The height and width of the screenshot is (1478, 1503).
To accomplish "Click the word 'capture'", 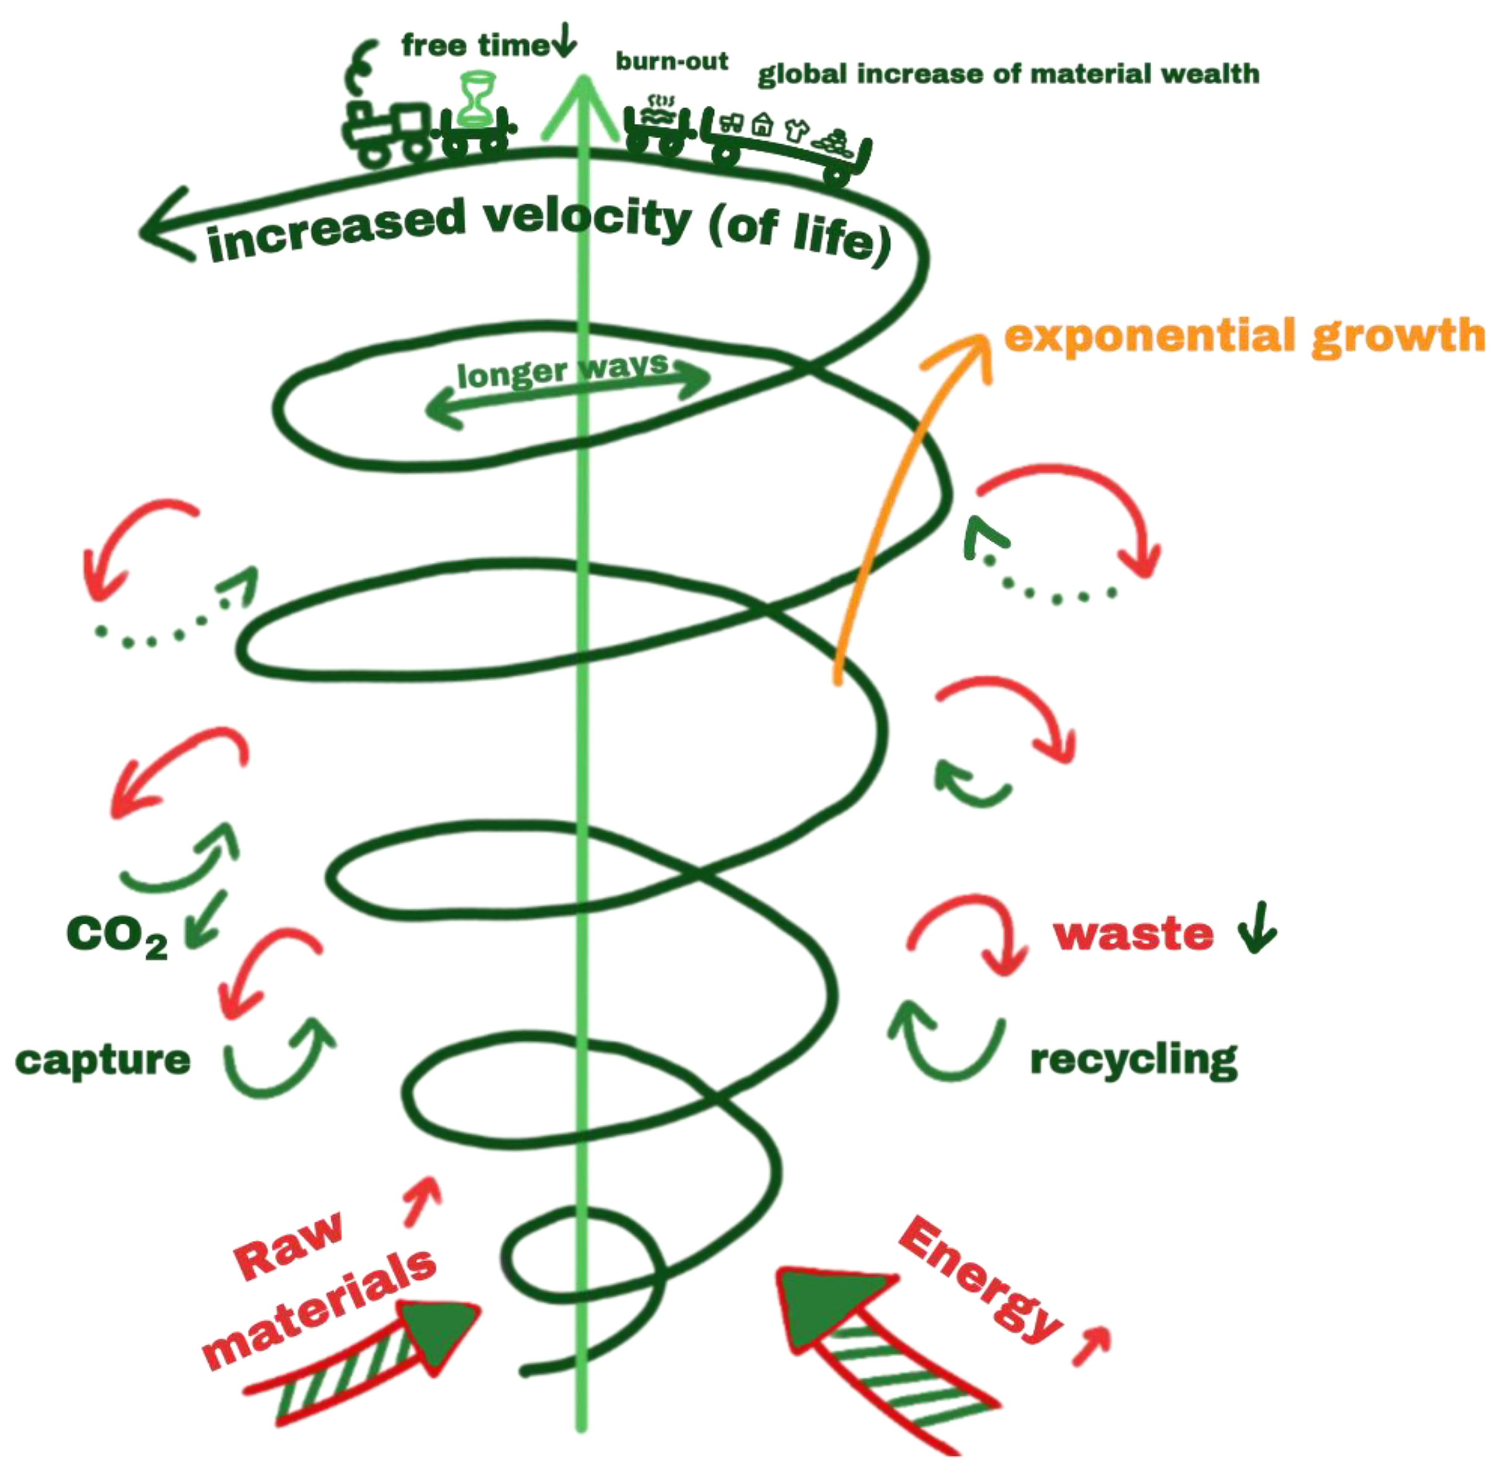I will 102,1059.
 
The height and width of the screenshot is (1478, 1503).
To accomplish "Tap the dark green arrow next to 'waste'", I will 1257,928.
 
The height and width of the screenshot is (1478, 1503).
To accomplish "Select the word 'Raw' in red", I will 288,1245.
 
